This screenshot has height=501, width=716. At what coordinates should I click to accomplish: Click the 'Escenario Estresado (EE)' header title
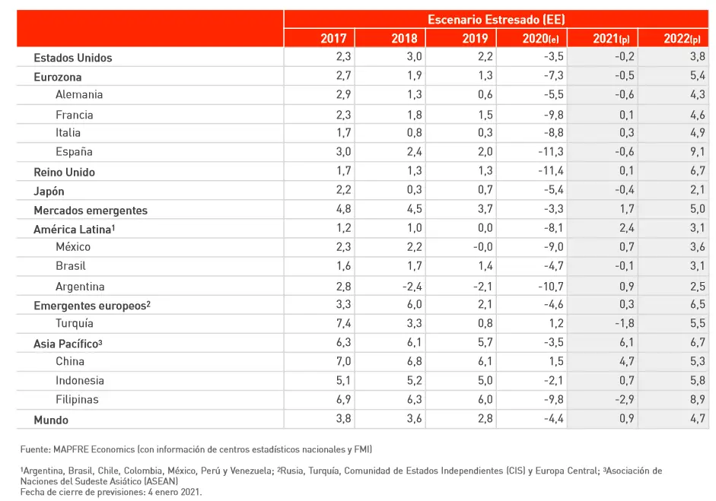click(x=495, y=19)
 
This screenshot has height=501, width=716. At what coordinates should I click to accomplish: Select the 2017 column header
click(x=333, y=39)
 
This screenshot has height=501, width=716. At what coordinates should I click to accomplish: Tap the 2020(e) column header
click(x=541, y=39)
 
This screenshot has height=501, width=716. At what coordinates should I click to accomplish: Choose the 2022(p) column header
click(x=682, y=39)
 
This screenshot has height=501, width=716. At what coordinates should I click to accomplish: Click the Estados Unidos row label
click(x=73, y=58)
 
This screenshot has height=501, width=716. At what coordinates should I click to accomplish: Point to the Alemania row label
click(x=79, y=95)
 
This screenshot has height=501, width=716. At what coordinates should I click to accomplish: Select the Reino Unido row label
click(x=64, y=173)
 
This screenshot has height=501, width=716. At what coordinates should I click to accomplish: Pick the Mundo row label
click(x=51, y=420)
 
